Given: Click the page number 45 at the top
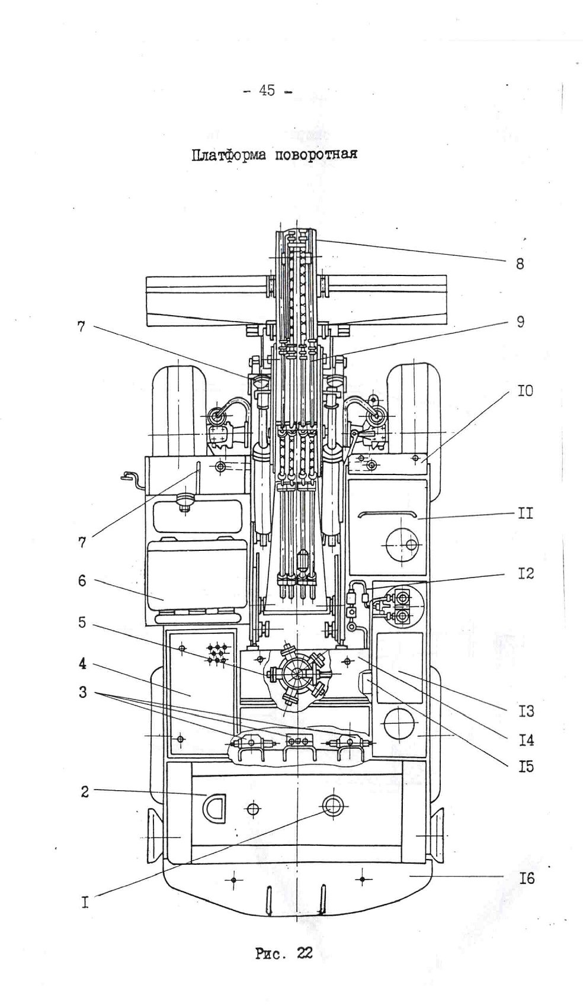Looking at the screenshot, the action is point(267,91).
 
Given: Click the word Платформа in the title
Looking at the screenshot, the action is point(228,155).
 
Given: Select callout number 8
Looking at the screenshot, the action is point(520,264).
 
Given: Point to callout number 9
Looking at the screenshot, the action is point(520,322).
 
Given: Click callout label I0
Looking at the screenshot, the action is point(524,391).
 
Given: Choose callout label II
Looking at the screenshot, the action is point(525,513).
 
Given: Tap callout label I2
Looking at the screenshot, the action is point(525,573).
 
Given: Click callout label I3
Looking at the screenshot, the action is point(525,711).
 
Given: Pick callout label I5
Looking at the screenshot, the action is point(525,767).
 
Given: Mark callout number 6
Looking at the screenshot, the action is point(82,581).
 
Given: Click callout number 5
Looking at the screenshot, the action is point(82,624).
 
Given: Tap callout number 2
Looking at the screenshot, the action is point(85,791).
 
